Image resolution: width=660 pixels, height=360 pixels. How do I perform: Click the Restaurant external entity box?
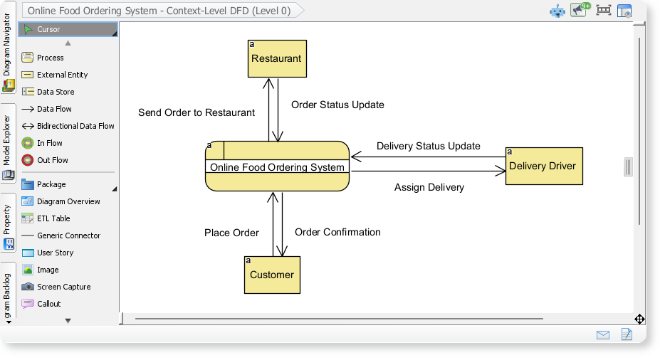[x=277, y=58]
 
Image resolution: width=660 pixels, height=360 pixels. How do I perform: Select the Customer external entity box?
[x=272, y=275]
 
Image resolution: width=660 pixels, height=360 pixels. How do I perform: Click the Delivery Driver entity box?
[x=543, y=166]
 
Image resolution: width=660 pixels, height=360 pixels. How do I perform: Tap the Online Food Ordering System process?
[x=277, y=167]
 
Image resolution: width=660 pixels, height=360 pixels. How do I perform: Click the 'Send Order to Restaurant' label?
[x=196, y=112]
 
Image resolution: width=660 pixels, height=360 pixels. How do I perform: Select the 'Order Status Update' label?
[x=337, y=105]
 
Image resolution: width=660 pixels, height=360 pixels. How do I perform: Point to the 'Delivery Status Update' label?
[x=428, y=146]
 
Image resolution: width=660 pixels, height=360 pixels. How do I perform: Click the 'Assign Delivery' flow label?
[x=429, y=187]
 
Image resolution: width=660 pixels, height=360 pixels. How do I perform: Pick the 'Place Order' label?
[x=231, y=233]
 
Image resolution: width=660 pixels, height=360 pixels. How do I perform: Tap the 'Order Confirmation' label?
[x=337, y=232]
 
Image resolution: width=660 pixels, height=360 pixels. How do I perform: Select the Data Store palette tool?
[x=55, y=92]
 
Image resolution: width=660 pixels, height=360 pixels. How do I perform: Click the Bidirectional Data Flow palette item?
[x=75, y=126]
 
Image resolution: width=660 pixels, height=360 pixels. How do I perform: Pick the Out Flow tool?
[x=52, y=160]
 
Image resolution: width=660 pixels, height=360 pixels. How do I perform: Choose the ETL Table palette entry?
[x=53, y=218]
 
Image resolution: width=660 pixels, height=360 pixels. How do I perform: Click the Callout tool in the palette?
[x=48, y=304]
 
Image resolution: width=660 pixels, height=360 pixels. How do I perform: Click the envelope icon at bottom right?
[x=602, y=334]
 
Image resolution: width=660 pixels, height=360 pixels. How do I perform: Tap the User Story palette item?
[x=55, y=253]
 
